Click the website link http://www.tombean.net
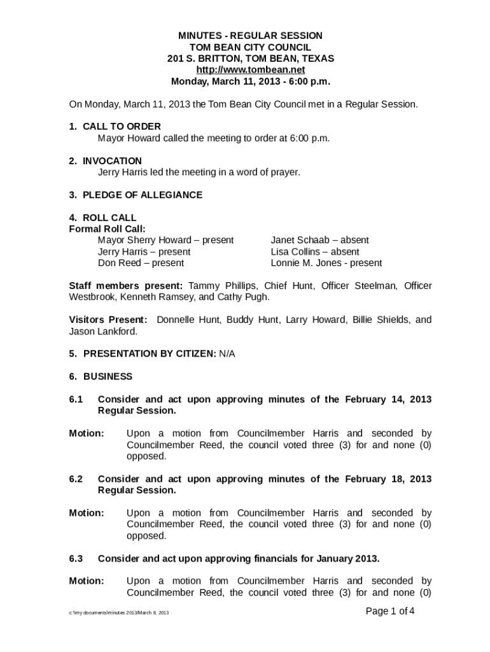click(x=250, y=70)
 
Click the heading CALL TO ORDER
click(x=122, y=127)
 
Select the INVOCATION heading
click(x=112, y=161)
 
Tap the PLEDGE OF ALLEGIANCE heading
click(x=143, y=195)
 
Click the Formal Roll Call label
click(x=107, y=229)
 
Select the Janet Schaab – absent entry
click(x=319, y=240)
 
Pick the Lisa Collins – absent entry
click(x=314, y=252)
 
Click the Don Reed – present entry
click(x=141, y=263)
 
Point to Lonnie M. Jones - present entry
click(x=326, y=263)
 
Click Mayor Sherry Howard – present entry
click(x=165, y=240)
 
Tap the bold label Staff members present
click(x=125, y=286)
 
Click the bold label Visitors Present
click(x=108, y=320)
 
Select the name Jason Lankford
click(x=102, y=331)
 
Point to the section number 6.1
click(x=76, y=399)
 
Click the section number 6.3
click(x=76, y=558)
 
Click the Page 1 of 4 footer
click(x=390, y=611)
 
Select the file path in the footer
click(x=119, y=613)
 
